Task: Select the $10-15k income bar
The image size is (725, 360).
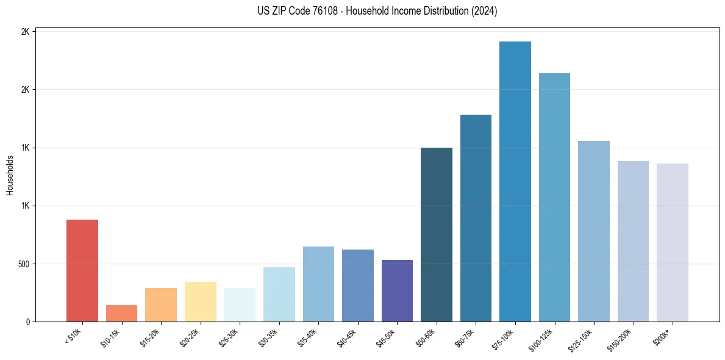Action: (121, 313)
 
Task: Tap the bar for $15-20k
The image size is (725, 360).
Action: (161, 304)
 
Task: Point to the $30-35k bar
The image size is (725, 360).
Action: (279, 294)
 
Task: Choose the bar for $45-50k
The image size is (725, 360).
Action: (397, 290)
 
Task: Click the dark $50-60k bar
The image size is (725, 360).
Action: (437, 234)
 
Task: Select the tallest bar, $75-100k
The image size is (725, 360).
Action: (515, 181)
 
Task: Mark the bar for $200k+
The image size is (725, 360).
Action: (673, 242)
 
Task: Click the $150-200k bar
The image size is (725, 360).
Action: (633, 241)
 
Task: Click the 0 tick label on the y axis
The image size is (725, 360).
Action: (27, 322)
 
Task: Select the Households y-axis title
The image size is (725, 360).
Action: (10, 176)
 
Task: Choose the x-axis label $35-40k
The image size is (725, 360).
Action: (310, 337)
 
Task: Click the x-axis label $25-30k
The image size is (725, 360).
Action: (231, 337)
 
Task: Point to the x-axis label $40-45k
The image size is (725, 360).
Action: (349, 337)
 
